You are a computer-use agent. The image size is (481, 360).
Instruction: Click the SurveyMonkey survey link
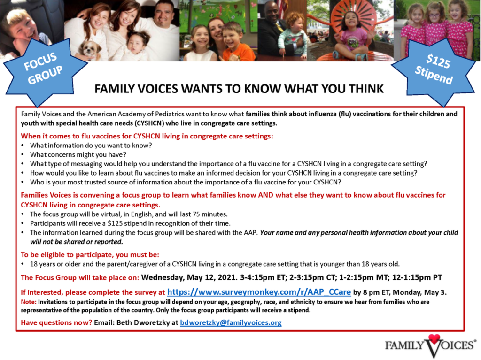pyautogui.click(x=259, y=292)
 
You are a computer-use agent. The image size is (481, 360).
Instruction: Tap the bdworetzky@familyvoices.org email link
pyautogui.click(x=231, y=322)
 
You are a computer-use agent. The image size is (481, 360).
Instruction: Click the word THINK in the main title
pyautogui.click(x=366, y=89)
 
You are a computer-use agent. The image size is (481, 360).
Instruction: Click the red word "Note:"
pyautogui.click(x=29, y=302)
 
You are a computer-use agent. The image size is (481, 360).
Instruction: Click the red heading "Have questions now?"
pyautogui.click(x=56, y=322)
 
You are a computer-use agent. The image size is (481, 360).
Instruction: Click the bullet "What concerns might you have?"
pyautogui.click(x=78, y=154)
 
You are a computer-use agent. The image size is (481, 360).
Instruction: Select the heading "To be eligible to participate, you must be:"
pyautogui.click(x=90, y=254)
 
